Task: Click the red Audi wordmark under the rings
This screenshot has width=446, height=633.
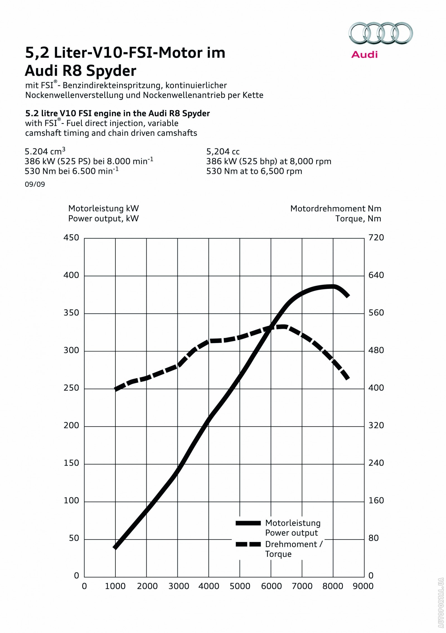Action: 364,54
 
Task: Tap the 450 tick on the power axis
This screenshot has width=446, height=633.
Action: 71,238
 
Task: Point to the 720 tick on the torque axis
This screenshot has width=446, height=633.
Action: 376,238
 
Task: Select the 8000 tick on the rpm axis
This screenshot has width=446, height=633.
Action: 333,586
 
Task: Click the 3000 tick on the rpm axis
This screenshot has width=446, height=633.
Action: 179,586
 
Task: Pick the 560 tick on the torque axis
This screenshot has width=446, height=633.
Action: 376,313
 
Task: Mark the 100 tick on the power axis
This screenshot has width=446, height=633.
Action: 71,501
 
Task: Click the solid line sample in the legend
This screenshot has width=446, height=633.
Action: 248,523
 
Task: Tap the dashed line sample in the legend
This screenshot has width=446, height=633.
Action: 248,544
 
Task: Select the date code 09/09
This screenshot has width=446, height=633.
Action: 35,184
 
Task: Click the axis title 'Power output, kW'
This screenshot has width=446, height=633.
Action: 103,219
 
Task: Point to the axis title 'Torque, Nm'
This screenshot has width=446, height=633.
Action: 358,219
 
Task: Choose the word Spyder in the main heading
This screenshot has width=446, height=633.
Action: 111,71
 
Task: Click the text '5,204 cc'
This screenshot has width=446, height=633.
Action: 223,152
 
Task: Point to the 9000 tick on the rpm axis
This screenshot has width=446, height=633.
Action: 363,586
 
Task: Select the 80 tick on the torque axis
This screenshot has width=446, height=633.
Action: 374,538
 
